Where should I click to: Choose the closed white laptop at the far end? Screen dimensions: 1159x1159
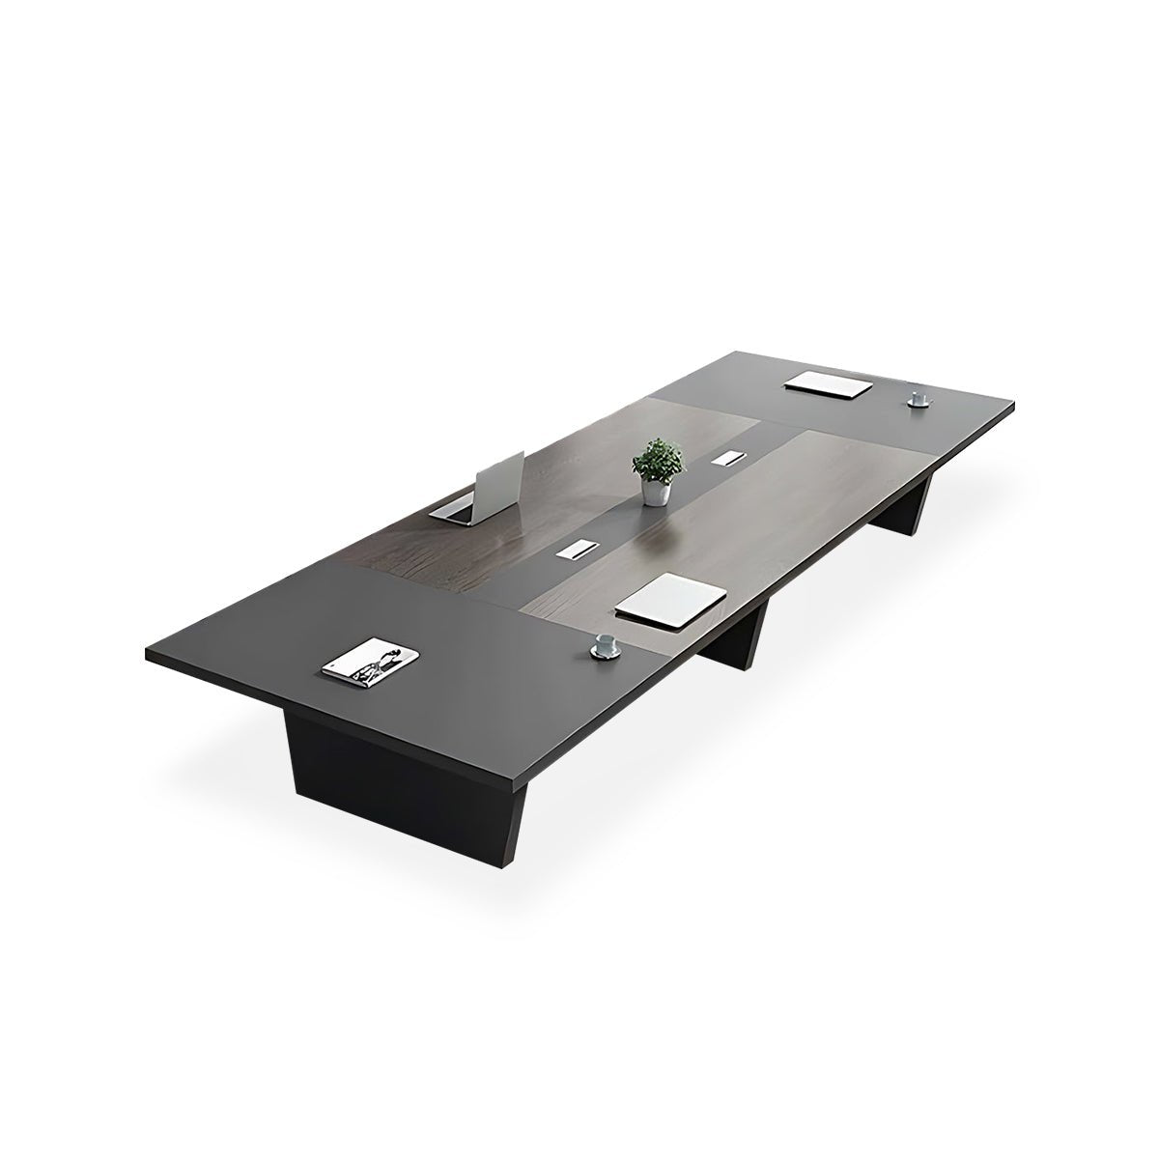(829, 382)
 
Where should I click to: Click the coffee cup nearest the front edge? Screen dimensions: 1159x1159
(605, 643)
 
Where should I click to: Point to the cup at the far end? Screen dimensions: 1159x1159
(916, 396)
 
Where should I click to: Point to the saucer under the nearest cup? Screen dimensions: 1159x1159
(606, 654)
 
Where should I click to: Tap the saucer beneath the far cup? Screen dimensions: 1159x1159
(917, 403)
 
